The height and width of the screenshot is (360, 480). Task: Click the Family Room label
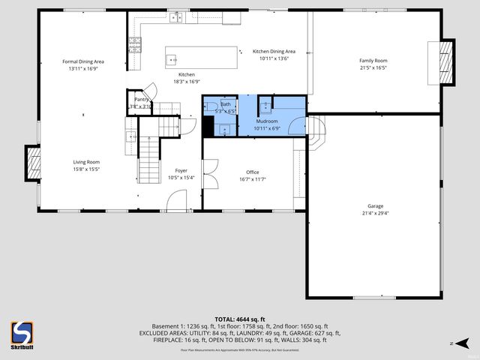tap(373, 60)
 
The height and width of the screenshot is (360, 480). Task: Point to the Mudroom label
tap(267, 121)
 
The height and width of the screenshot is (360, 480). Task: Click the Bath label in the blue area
tap(225, 104)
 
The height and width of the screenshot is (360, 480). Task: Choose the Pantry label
tap(141, 99)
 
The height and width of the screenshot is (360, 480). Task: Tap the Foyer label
tap(181, 170)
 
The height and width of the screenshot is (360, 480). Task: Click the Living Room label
tap(86, 162)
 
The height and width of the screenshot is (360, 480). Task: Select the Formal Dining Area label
tap(82, 61)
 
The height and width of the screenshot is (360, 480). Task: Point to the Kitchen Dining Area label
tap(274, 51)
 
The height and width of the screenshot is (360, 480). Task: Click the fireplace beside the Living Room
tap(33, 163)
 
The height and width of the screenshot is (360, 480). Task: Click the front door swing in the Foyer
tap(177, 200)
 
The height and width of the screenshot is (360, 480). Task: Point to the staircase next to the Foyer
tap(148, 157)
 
